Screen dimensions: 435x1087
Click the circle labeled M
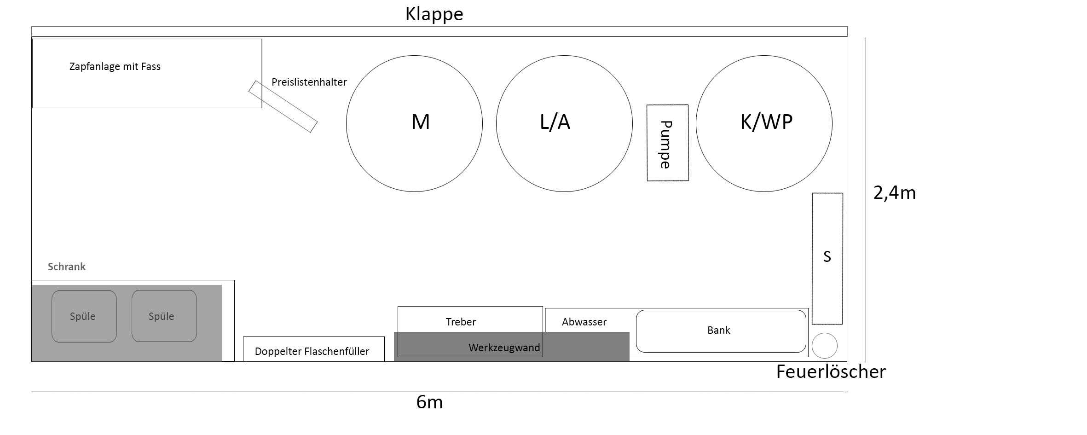(x=414, y=123)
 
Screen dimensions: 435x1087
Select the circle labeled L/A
(x=564, y=123)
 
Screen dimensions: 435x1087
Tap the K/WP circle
(x=764, y=123)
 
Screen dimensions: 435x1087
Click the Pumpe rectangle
(x=667, y=143)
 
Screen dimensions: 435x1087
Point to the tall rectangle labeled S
(x=827, y=258)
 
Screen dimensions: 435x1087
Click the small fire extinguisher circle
(x=824, y=346)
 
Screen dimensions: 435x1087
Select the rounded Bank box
(x=721, y=331)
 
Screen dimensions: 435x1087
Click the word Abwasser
(x=584, y=322)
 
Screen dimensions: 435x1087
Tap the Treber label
(x=461, y=322)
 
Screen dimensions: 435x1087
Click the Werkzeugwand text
(x=504, y=348)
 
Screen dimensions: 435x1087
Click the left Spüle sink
(x=84, y=316)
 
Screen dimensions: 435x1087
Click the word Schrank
(x=67, y=267)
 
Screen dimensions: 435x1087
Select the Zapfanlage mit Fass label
(x=115, y=66)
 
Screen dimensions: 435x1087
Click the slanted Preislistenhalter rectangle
(x=283, y=106)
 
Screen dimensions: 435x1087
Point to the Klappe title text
(x=434, y=14)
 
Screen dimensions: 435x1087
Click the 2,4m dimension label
(x=894, y=192)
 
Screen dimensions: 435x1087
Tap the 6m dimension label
(x=429, y=402)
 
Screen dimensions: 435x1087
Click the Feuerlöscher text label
(x=831, y=372)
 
